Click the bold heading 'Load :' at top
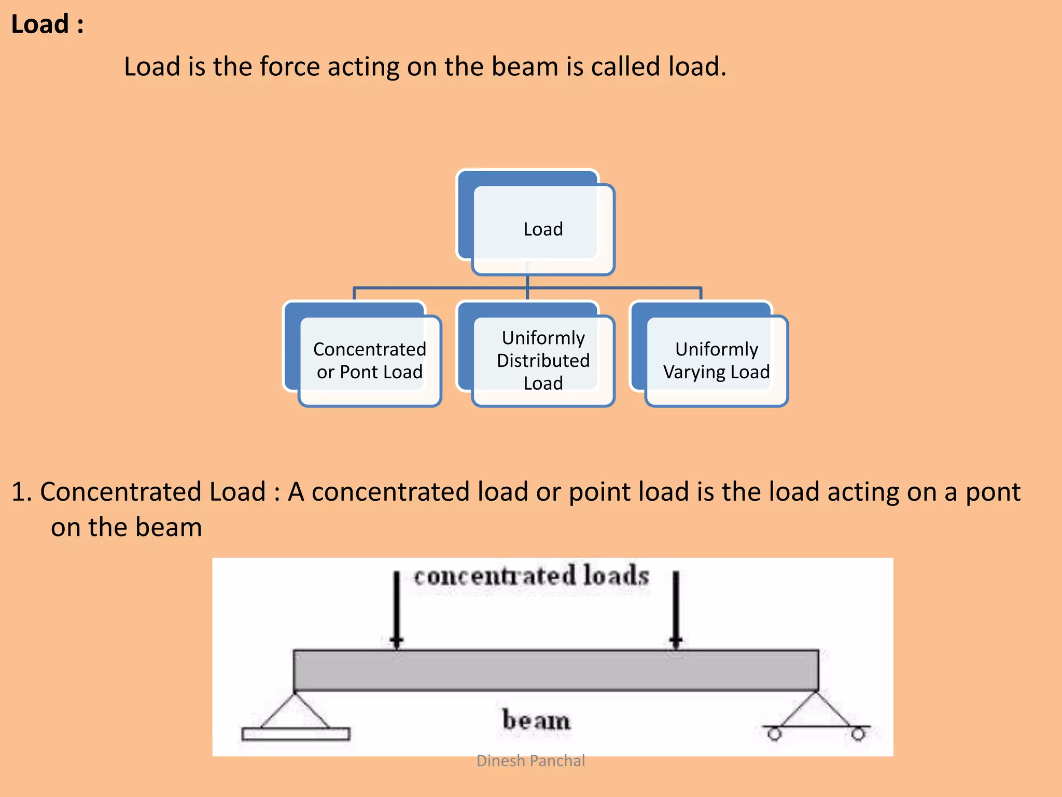pos(47,24)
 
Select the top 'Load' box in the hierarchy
pos(542,229)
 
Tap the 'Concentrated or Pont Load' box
pos(369,360)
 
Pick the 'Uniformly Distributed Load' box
pos(542,360)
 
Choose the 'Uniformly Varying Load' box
pos(716,360)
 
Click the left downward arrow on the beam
pos(397,610)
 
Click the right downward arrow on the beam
pos(676,610)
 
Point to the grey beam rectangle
pos(556,670)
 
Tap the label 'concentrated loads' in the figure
pos(531,576)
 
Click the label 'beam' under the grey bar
pos(536,720)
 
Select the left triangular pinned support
pos(294,712)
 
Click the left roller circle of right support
pos(774,734)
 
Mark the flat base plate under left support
pos(296,734)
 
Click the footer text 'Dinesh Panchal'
pos(530,761)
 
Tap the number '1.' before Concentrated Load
pos(22,492)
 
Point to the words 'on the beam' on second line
pos(126,527)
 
